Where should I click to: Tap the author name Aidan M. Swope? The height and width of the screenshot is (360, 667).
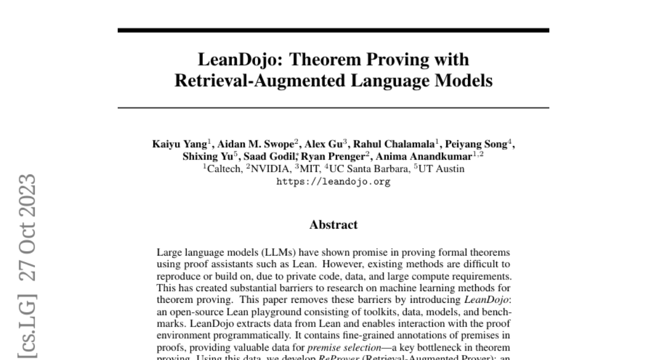242,144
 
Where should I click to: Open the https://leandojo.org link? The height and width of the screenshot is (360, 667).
333,182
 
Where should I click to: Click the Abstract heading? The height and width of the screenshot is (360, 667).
333,225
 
